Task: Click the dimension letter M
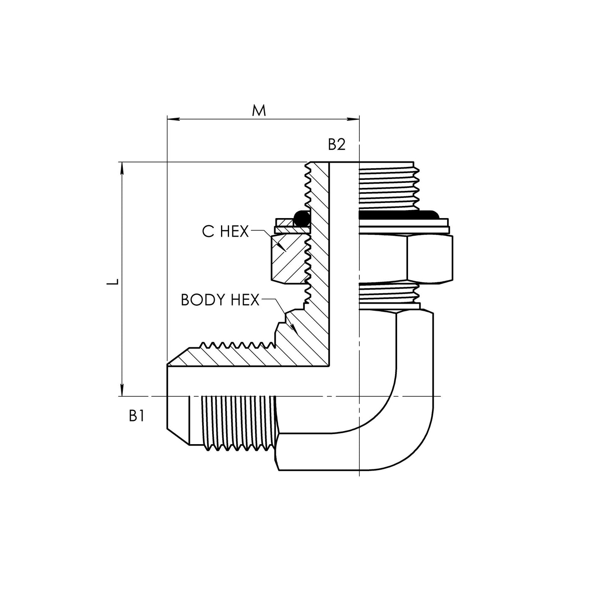click(x=259, y=111)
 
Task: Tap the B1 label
click(x=137, y=416)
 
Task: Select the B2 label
click(x=336, y=145)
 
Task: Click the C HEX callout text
click(x=225, y=231)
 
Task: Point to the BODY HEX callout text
click(x=220, y=300)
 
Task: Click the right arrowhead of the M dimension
click(x=354, y=120)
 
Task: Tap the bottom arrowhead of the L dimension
click(x=122, y=390)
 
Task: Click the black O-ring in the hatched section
click(x=301, y=218)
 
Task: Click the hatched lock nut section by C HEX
click(x=288, y=258)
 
